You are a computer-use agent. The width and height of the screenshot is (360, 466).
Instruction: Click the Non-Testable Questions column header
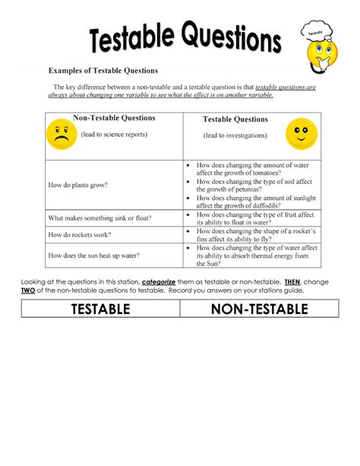tap(114, 119)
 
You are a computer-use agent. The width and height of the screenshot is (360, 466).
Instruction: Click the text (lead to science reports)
tap(111, 135)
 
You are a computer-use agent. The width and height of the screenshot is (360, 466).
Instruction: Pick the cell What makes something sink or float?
tap(99, 218)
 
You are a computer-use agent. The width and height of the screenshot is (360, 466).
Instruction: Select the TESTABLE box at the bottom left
tap(100, 309)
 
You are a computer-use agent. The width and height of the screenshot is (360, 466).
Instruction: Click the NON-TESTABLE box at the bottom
tap(259, 309)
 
